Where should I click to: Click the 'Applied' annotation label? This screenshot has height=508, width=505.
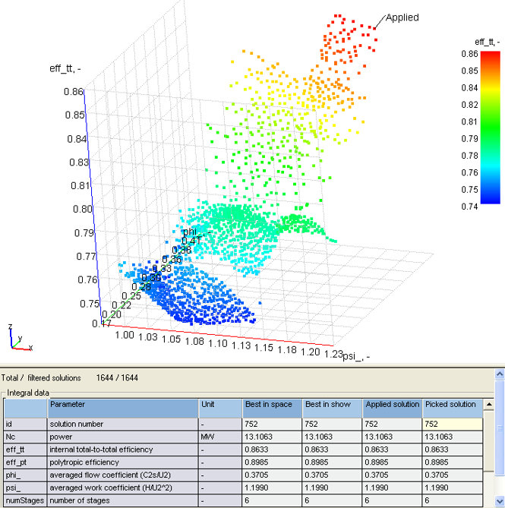click(x=402, y=17)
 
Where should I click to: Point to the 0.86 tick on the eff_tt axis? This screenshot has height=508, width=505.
click(x=74, y=92)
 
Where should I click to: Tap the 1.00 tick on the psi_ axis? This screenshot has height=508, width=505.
click(x=125, y=335)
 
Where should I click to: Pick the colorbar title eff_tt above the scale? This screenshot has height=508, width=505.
click(x=484, y=42)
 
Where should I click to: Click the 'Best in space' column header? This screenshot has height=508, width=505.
click(x=271, y=405)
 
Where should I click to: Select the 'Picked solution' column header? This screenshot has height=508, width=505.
click(x=450, y=405)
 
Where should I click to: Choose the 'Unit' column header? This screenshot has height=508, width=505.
click(x=210, y=405)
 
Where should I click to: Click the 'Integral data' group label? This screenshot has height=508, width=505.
click(x=29, y=392)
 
